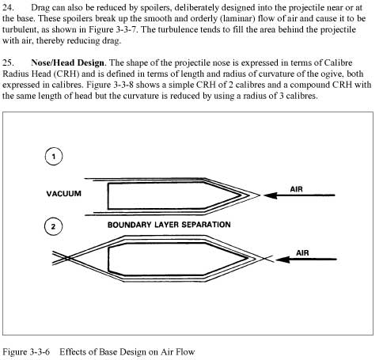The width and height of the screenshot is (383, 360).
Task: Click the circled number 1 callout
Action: point(54,157)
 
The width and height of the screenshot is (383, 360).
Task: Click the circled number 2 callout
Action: point(54,226)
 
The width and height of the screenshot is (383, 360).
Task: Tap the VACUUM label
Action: point(64,194)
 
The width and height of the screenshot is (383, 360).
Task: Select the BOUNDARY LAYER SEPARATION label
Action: point(169,225)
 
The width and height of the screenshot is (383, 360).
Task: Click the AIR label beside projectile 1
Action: point(296,189)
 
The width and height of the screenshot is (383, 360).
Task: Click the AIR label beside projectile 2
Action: point(302,253)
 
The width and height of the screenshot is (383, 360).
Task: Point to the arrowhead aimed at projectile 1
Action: point(271,195)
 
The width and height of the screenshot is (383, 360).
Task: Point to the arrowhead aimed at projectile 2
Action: point(283,260)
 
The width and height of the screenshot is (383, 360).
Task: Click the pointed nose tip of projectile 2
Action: point(248,259)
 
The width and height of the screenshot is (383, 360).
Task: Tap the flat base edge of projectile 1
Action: point(108,196)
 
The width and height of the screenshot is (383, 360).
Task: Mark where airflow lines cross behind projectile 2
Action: point(68,258)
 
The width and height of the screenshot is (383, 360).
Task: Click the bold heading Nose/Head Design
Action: point(67,63)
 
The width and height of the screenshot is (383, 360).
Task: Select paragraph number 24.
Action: point(8,8)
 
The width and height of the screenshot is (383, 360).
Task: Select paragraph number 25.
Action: point(8,63)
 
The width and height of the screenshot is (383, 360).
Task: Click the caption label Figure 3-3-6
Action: point(26,352)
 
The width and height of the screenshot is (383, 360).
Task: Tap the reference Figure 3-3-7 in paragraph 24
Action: point(113,29)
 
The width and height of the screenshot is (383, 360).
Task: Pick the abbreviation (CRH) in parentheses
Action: point(66,74)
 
